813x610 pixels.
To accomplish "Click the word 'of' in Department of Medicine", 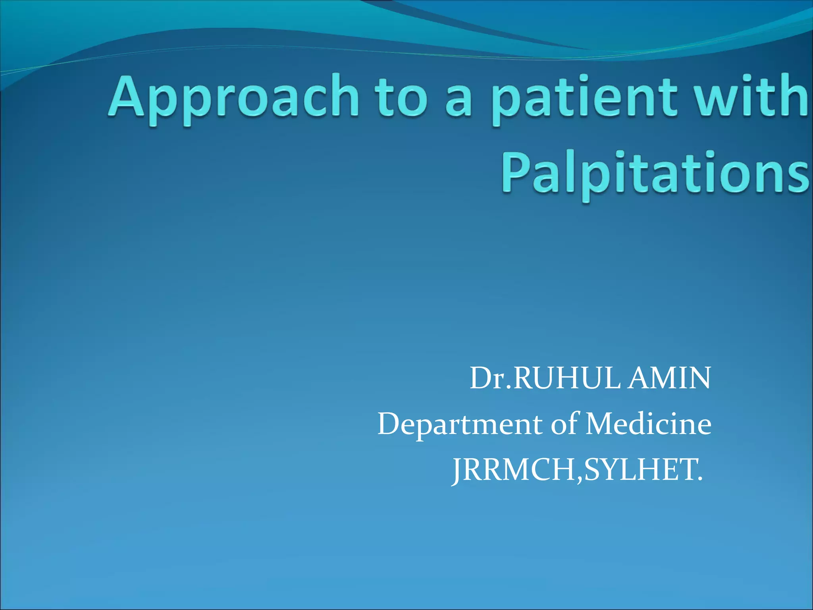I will pyautogui.click(x=565, y=424).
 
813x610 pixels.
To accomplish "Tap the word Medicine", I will pyautogui.click(x=649, y=424).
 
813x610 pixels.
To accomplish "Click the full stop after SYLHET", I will pyautogui.click(x=699, y=479).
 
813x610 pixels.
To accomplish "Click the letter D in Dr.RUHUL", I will pyautogui.click(x=481, y=378).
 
